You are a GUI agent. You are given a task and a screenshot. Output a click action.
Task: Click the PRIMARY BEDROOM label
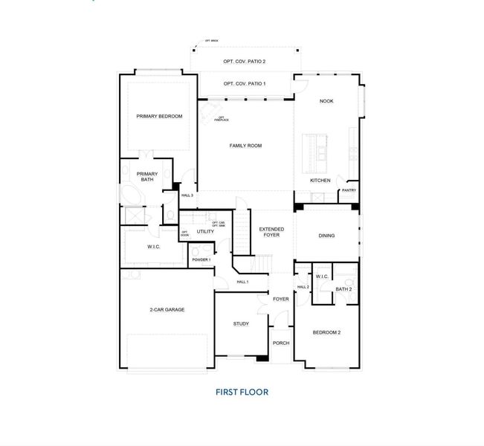tap(159, 117)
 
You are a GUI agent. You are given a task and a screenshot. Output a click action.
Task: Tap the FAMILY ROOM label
tap(245, 146)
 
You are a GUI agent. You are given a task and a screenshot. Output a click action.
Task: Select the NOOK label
tap(326, 102)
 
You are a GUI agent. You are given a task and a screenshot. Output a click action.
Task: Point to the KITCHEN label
tap(320, 181)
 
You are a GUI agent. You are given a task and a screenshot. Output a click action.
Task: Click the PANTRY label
tap(349, 190)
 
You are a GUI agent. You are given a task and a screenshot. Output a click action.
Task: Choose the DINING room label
tap(326, 236)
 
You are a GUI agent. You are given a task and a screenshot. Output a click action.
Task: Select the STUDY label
tap(241, 323)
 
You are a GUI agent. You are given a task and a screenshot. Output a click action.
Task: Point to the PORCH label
tap(280, 343)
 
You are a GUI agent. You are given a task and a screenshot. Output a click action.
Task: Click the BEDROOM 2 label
tap(326, 332)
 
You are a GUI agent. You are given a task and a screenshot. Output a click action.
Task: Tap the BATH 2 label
tap(343, 288)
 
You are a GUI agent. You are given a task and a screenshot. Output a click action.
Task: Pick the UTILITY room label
tap(205, 231)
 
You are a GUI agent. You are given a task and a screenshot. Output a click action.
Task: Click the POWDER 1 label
tap(201, 259)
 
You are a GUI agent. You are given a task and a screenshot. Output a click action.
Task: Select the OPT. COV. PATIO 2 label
tap(245, 62)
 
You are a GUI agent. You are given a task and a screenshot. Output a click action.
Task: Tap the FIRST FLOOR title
tap(242, 392)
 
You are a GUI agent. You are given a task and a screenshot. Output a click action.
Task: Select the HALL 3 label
tap(187, 195)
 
